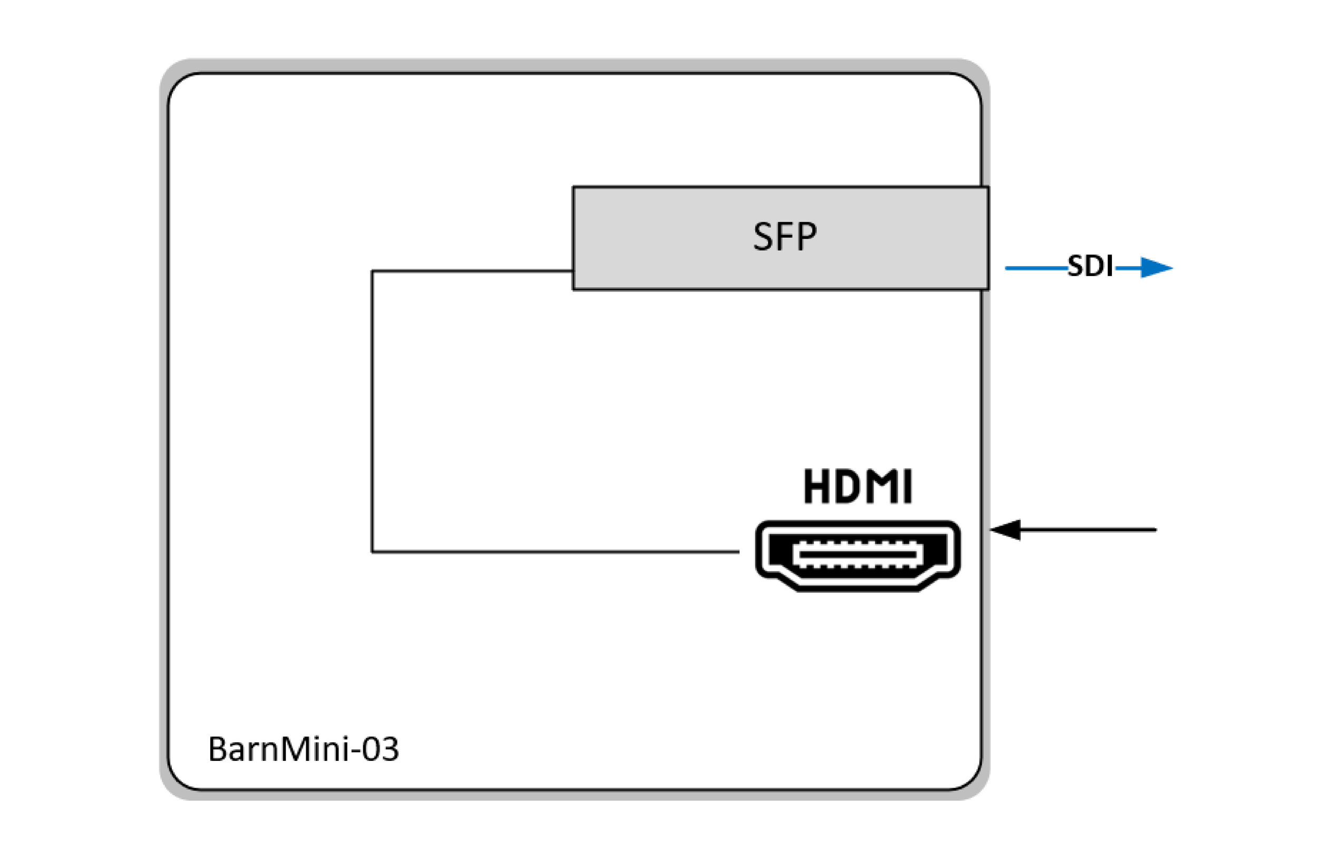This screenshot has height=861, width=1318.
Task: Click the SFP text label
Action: [784, 236]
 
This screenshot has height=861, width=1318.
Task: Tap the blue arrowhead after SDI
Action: [1156, 268]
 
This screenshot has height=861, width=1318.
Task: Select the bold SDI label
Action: [1090, 267]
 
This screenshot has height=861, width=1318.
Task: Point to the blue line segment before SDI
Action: [1035, 268]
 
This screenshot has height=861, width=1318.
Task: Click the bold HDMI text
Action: [857, 486]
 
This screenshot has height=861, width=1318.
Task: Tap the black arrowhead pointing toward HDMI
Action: [1006, 530]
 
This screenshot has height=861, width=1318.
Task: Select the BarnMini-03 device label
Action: [303, 749]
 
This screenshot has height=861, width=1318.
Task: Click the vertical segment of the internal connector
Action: [372, 409]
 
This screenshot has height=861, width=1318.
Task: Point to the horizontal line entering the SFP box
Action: [471, 271]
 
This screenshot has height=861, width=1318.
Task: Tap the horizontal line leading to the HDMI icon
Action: [554, 552]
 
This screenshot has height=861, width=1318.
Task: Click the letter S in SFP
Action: [762, 237]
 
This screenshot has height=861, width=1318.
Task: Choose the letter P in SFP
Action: [806, 237]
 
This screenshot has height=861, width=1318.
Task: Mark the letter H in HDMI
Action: [816, 486]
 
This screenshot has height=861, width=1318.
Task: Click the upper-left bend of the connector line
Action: [372, 271]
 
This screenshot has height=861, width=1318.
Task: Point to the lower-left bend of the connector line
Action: [372, 552]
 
